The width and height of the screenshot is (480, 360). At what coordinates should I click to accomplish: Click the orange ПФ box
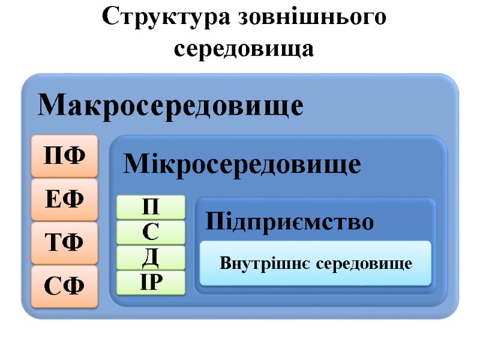point(64,156)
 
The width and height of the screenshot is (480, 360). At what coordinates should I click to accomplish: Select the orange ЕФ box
point(64,200)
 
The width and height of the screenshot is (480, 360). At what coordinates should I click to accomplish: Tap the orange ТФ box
point(64,243)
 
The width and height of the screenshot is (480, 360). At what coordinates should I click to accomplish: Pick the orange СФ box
point(64,287)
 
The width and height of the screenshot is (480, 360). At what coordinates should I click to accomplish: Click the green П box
point(151,207)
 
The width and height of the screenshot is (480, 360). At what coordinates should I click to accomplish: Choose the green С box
point(151,232)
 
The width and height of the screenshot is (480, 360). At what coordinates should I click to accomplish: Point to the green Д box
point(151,257)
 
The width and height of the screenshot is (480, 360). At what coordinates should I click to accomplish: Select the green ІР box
point(151,282)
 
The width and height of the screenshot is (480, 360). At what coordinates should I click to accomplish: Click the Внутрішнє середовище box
point(316,263)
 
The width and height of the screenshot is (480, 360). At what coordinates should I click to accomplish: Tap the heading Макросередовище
point(171,106)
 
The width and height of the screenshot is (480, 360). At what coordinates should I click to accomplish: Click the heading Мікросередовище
point(242,164)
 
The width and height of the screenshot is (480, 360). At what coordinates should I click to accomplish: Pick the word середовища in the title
point(244,48)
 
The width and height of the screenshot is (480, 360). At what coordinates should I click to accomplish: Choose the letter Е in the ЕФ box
point(54,200)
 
